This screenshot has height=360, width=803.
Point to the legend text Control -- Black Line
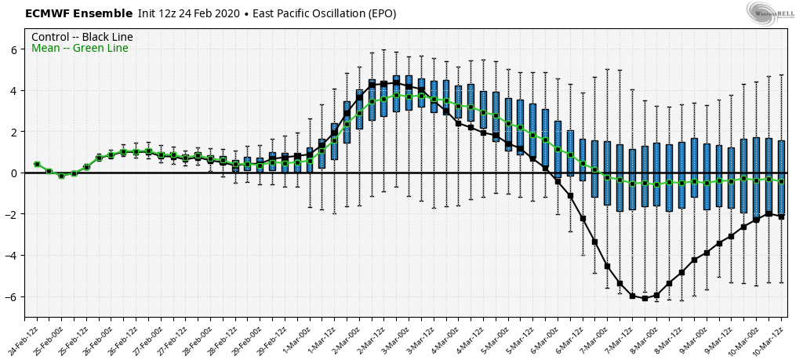82,37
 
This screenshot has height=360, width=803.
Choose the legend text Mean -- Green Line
80,49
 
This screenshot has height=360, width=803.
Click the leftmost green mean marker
37,165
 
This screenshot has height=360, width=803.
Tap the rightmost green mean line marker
781,181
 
